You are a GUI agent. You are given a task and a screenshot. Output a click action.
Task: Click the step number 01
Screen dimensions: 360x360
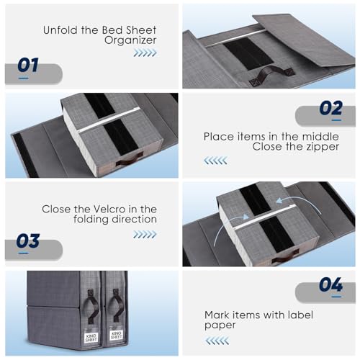pyautogui.click(x=27, y=66)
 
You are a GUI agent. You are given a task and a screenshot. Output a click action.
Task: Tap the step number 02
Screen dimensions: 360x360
pyautogui.click(x=330, y=108)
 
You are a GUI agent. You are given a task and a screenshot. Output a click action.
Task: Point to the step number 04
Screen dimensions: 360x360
pyautogui.click(x=330, y=285)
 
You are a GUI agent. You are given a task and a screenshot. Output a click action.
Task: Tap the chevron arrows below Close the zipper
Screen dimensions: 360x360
pyautogui.click(x=215, y=161)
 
